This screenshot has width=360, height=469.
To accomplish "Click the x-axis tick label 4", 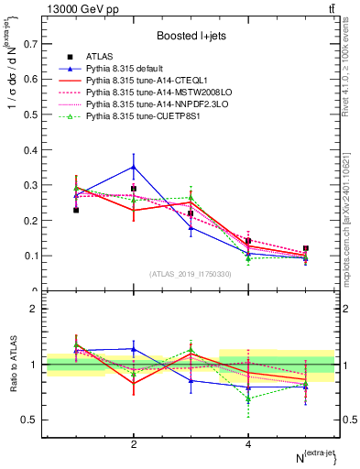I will tap(248, 444).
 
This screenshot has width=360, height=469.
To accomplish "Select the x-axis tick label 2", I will tap(134, 444).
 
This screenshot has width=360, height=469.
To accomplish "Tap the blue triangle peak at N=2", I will tap(134, 167).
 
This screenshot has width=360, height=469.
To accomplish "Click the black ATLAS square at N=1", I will tap(76, 210).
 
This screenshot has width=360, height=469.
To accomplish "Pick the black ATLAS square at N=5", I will tap(306, 248).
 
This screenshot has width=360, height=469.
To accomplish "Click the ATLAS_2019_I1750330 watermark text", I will tap(191, 274).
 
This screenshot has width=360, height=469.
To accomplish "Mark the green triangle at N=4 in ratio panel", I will tap(248, 398).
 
